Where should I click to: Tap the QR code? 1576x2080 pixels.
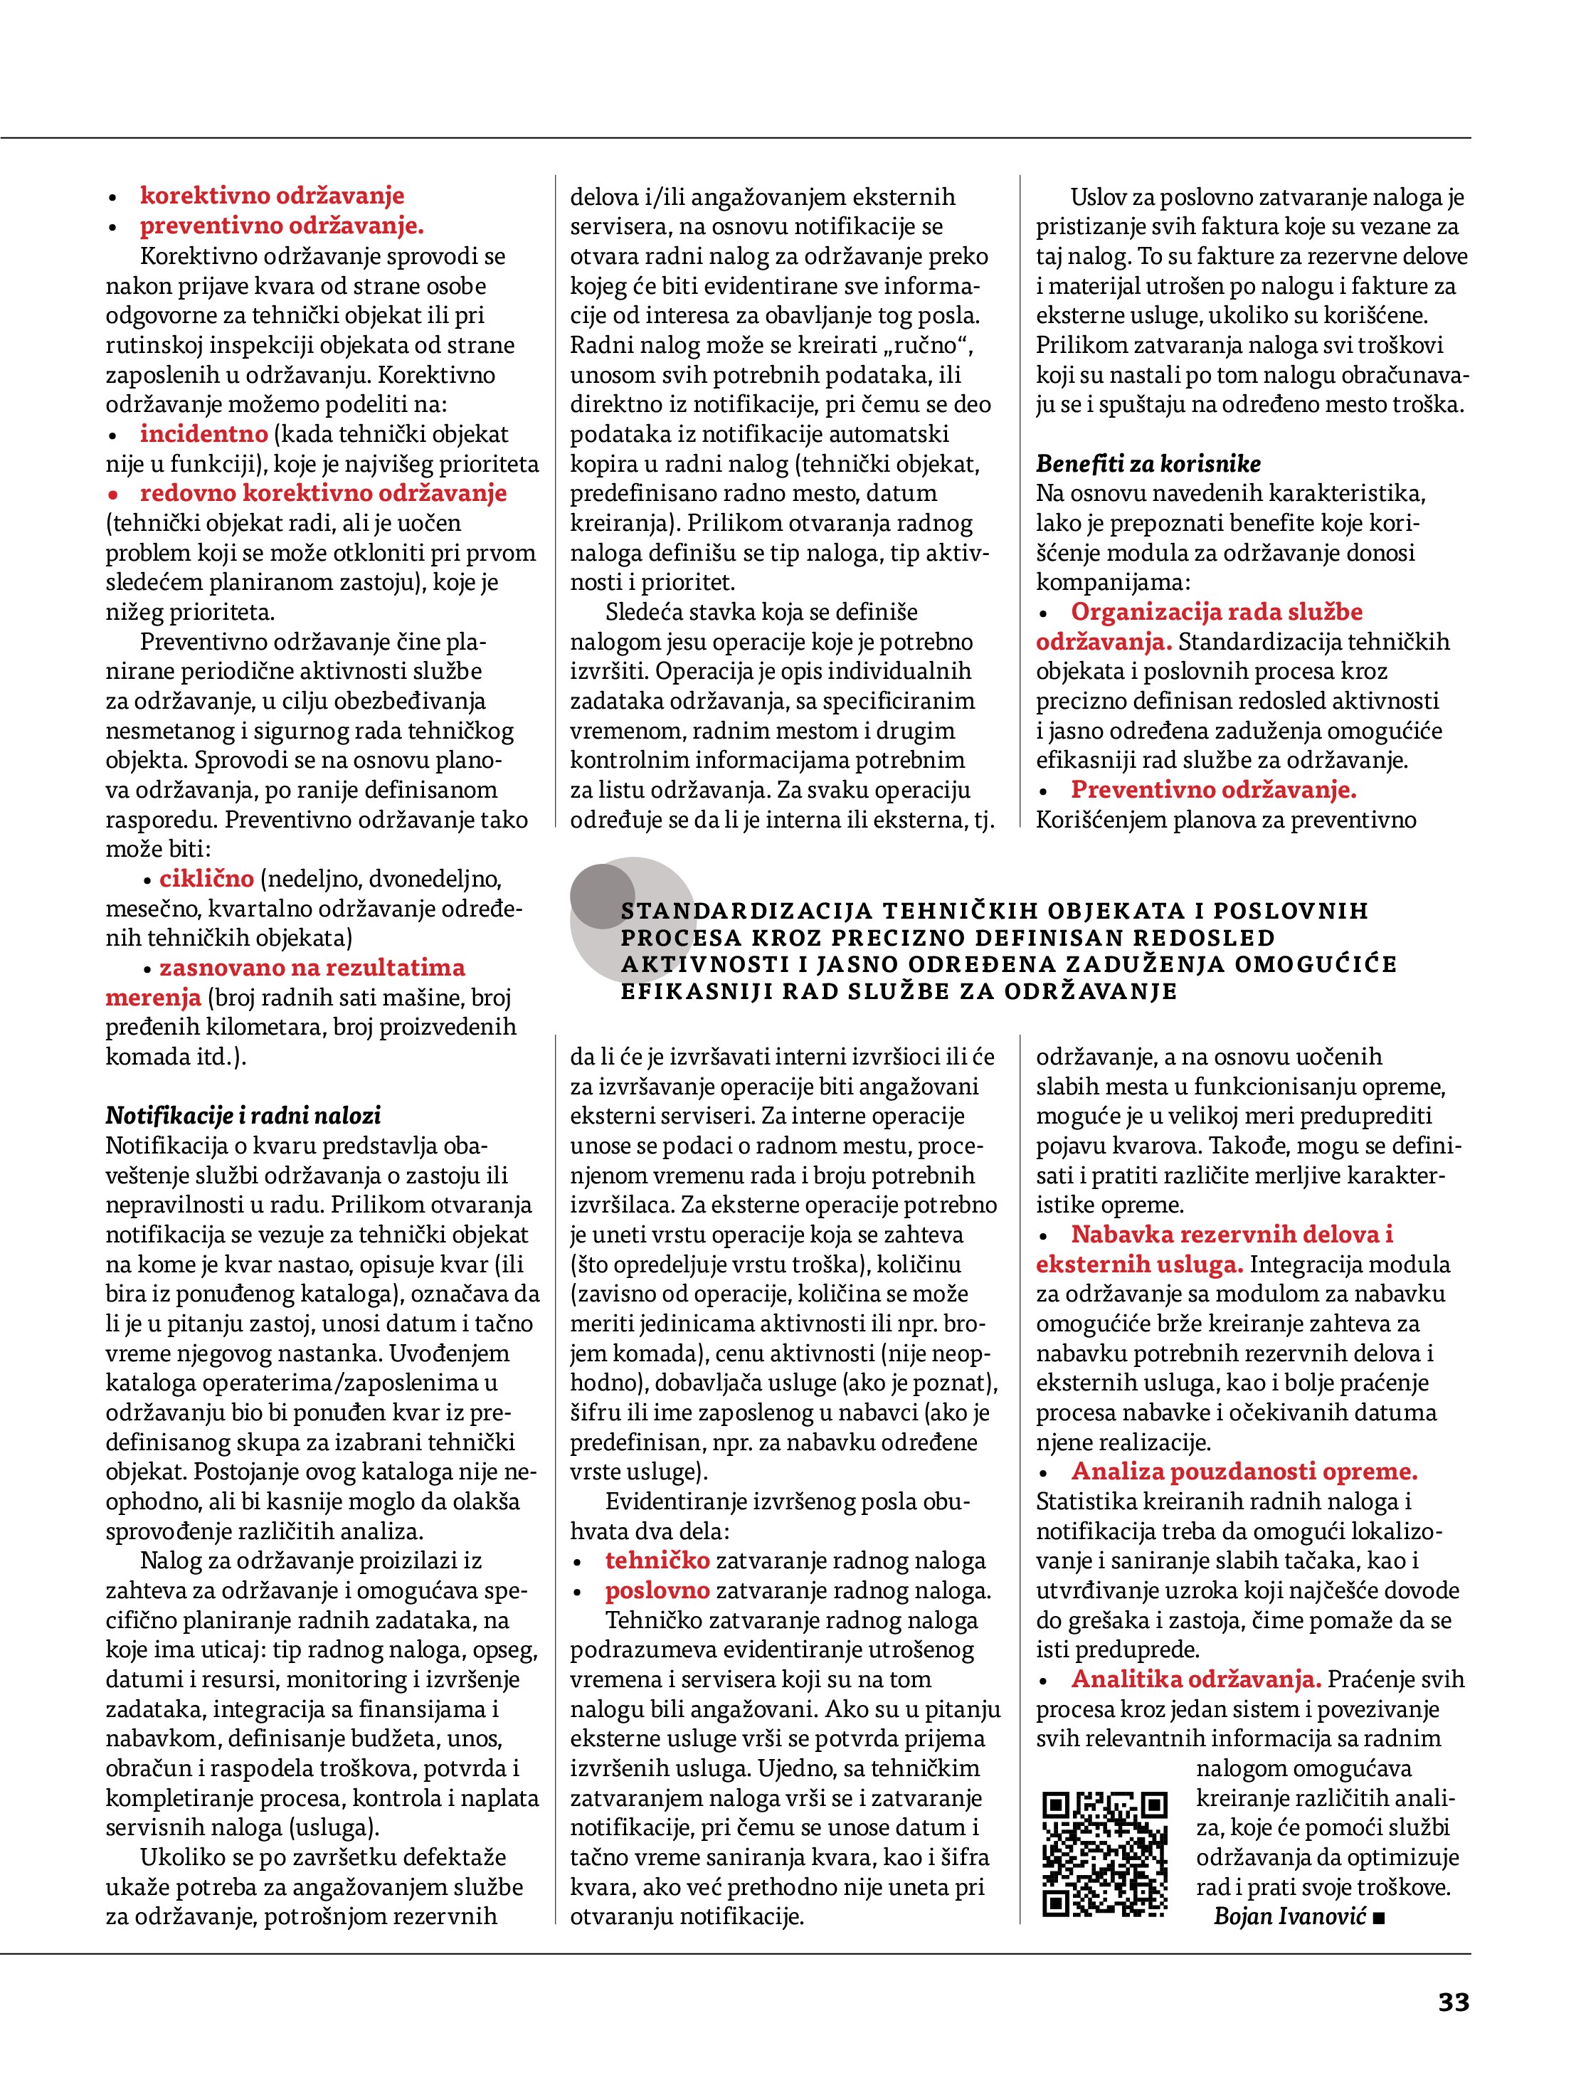pos(1105,1854)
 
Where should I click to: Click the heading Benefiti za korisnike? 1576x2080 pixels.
pos(1148,463)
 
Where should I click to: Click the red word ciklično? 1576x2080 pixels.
pos(207,878)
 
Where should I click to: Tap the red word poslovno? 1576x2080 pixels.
pos(657,1590)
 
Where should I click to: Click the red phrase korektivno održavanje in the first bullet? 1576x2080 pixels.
pos(272,196)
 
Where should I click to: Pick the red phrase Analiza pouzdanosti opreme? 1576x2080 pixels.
pos(1244,1472)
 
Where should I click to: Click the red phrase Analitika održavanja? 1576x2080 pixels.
pos(1196,1679)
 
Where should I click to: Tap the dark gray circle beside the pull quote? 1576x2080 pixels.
pos(603,897)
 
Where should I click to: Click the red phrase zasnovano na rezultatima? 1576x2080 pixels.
pos(312,968)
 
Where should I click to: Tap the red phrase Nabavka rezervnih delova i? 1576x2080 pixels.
pos(1232,1234)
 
